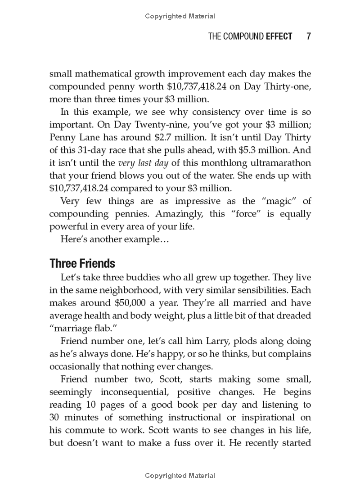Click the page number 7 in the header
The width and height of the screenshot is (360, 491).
click(308, 36)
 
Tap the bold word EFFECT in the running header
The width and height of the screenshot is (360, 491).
click(279, 36)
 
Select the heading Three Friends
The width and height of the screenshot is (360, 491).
click(82, 263)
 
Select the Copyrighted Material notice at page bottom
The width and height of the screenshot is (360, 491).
click(180, 475)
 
